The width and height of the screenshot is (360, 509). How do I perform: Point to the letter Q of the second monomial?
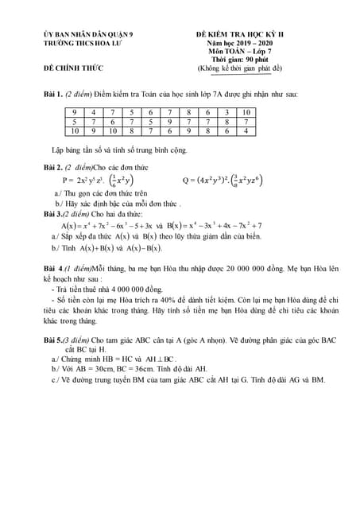(185, 180)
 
